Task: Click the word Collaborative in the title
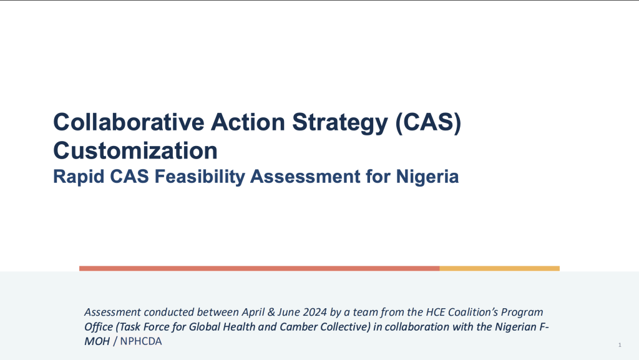(x=129, y=122)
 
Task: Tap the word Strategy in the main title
(x=340, y=124)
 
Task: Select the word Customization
(x=135, y=150)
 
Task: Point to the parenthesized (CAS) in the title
(x=428, y=122)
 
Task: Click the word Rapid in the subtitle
(x=79, y=177)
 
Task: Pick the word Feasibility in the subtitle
(x=200, y=177)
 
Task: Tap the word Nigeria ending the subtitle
(x=427, y=177)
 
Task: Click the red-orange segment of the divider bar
(x=259, y=268)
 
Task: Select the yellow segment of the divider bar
(x=500, y=268)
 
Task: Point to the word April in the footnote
(x=253, y=313)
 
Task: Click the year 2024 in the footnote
(x=315, y=312)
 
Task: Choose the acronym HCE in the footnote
(x=435, y=312)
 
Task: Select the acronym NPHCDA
(x=141, y=341)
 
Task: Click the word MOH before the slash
(x=97, y=341)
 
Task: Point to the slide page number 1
(x=620, y=345)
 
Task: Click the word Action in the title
(x=248, y=122)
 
